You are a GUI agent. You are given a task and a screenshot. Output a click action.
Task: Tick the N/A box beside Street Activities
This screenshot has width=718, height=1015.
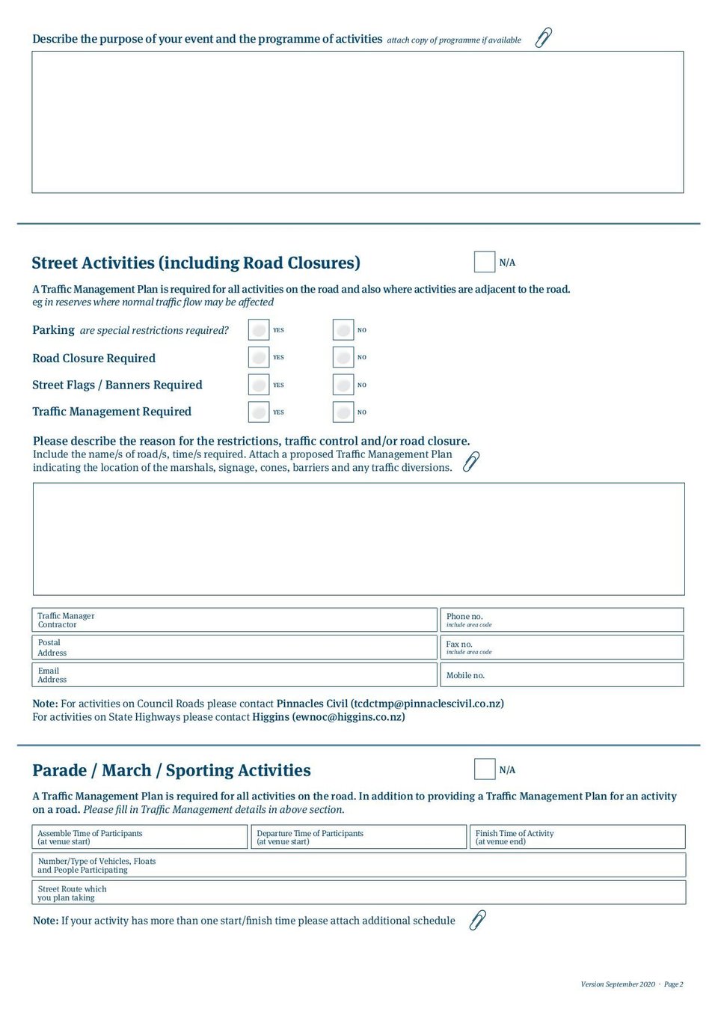coord(485,262)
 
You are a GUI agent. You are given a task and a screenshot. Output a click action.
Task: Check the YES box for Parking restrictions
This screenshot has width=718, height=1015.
coord(259,330)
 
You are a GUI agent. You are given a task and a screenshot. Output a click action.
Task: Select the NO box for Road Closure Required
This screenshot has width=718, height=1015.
coord(343,358)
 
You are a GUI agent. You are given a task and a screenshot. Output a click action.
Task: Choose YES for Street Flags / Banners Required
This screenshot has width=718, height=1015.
coord(259,385)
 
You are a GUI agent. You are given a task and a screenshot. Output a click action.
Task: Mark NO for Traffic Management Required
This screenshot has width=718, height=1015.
coord(343,412)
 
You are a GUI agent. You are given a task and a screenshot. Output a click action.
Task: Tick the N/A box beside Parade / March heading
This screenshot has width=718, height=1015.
coord(485,769)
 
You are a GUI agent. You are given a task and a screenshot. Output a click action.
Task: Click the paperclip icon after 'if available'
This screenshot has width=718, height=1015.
coord(544,37)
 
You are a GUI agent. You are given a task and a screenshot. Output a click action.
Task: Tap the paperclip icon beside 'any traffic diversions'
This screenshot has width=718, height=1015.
coord(471,461)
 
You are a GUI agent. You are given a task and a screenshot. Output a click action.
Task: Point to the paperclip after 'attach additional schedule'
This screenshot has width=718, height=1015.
coord(477,920)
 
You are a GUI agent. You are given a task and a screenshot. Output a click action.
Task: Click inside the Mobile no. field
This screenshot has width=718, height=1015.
coord(583,675)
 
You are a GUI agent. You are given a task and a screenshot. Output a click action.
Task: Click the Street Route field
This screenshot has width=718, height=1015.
coord(389,893)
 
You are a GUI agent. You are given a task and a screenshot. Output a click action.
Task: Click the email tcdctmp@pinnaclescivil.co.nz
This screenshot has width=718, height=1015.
coord(427,704)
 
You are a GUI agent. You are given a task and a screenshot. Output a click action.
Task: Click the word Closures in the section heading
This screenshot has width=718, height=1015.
coord(322,263)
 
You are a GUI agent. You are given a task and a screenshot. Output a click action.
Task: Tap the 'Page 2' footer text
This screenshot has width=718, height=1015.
coord(673,984)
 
